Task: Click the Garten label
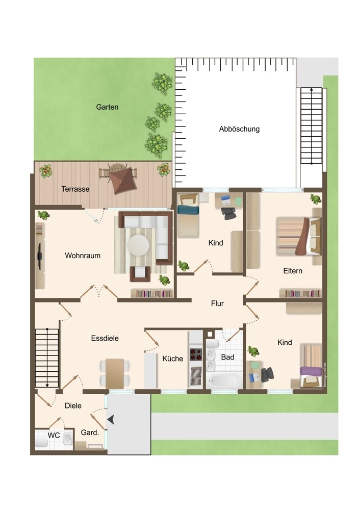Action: (x=107, y=107)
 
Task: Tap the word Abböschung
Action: (x=239, y=129)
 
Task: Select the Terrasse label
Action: (x=75, y=189)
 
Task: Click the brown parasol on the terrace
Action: (x=123, y=181)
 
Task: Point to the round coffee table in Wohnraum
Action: (x=139, y=245)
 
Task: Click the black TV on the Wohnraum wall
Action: (x=40, y=256)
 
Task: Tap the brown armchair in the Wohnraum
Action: (x=140, y=273)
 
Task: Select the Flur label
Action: (x=217, y=303)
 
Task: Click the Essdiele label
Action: (x=105, y=338)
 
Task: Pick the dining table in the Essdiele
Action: (x=115, y=374)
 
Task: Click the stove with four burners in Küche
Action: (x=196, y=354)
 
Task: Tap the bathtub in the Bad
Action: (x=224, y=380)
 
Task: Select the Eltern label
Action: (x=293, y=271)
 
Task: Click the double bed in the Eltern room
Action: (x=299, y=236)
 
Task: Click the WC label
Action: (x=54, y=435)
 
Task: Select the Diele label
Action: (x=73, y=405)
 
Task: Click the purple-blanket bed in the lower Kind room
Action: (x=311, y=365)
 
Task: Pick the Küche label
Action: (x=173, y=359)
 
